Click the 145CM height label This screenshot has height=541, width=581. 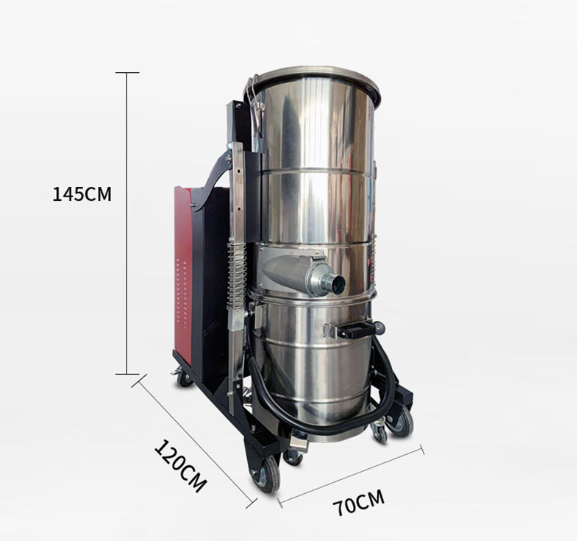(x=82, y=194)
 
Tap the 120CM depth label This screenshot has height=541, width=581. (x=180, y=466)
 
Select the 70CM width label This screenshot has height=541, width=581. (x=358, y=503)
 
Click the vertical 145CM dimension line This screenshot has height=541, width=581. (x=127, y=223)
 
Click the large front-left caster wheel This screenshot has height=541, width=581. (x=266, y=473)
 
